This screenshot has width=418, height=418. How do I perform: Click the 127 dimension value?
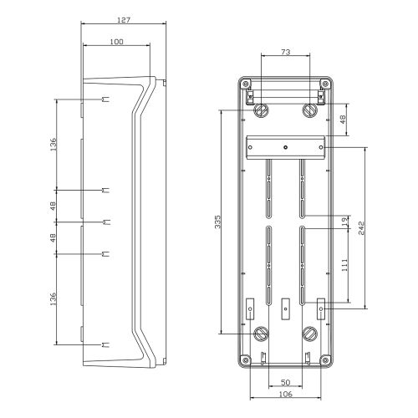(124, 20)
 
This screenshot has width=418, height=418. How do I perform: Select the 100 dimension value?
(116, 42)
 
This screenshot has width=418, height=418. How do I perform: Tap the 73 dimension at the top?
(286, 52)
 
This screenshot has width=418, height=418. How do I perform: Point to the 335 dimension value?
(218, 222)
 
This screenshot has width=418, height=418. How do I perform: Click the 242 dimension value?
(361, 228)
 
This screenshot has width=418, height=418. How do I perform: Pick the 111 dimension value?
(344, 265)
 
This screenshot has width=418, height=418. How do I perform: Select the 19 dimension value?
(345, 222)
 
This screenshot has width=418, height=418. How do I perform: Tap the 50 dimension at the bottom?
(285, 383)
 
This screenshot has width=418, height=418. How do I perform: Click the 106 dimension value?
(285, 394)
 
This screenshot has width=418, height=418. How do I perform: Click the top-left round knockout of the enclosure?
(262, 110)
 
